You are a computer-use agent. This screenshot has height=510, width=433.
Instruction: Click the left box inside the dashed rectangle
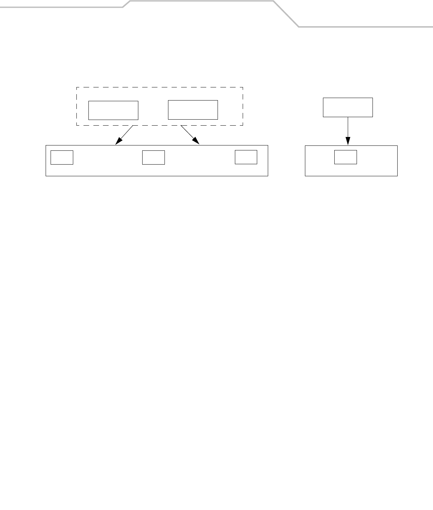[x=113, y=110]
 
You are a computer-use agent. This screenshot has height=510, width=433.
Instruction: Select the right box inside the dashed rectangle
[x=193, y=110]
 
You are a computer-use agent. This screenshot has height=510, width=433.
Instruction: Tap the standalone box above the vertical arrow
[x=348, y=107]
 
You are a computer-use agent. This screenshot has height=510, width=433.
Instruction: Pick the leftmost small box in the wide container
[x=62, y=157]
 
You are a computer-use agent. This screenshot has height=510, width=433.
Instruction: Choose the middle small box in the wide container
[x=154, y=157]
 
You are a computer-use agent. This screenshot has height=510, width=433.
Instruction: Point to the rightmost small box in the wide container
[x=246, y=157]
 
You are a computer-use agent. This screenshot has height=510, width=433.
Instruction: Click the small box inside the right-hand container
[x=346, y=157]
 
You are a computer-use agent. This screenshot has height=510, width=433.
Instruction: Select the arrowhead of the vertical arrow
[x=348, y=142]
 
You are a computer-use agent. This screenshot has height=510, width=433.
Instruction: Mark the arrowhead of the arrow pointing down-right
[x=197, y=142]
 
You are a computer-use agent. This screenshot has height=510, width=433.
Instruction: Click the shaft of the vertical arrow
[x=348, y=127]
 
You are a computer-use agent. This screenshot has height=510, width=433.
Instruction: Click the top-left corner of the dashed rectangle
[x=77, y=87]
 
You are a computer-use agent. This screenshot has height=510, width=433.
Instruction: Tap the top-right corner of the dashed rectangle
[x=243, y=87]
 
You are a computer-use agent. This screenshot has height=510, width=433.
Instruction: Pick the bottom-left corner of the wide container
[x=46, y=176]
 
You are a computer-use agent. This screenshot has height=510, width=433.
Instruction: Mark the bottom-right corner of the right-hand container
[x=397, y=176]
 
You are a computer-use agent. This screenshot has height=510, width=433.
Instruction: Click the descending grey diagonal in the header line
[x=286, y=13]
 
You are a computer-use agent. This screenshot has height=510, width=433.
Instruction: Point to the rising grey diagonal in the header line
[x=127, y=4]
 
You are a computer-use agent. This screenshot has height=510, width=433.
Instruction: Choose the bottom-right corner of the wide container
[x=268, y=176]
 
